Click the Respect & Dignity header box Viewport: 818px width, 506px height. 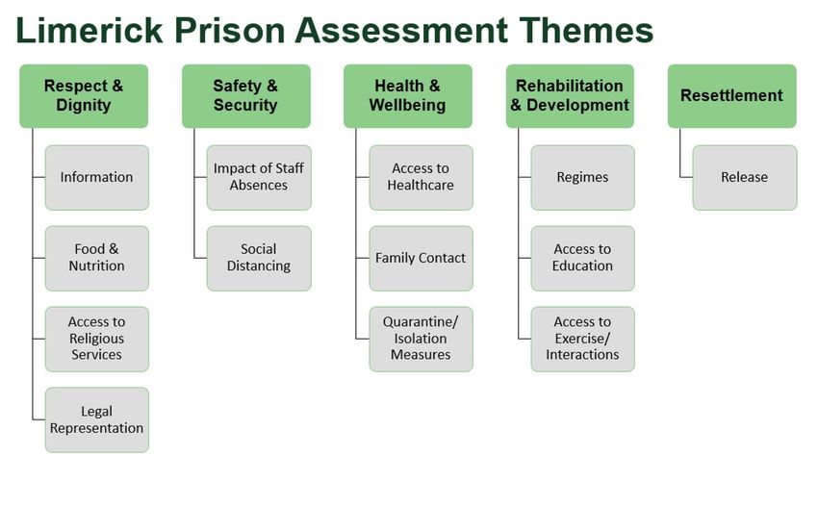84,96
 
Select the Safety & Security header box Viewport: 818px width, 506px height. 246,96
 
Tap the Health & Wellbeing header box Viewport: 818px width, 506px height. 408,96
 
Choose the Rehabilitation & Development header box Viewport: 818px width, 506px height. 571,96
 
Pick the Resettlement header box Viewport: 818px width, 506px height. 732,96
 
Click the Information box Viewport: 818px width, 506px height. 97,178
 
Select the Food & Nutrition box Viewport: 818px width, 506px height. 97,258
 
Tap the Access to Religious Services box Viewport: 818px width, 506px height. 97,339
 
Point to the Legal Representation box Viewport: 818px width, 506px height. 97,420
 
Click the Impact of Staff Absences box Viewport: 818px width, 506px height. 259,178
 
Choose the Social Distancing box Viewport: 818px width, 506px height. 259,258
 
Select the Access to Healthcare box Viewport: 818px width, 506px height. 421,178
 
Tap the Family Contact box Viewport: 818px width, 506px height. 421,258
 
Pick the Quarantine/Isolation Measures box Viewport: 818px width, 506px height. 421,339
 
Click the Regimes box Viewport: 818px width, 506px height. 583,178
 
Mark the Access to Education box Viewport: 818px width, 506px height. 583,258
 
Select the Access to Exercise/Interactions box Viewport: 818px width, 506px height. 583,339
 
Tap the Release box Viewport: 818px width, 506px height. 745,178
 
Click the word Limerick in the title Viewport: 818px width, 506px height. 89,30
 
